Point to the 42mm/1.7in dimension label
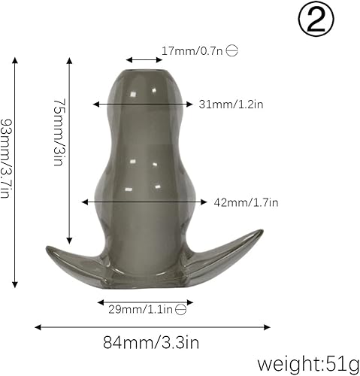click(247, 202)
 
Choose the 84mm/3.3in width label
click(151, 344)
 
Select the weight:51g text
click(309, 364)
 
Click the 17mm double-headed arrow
click(141, 59)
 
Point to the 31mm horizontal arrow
click(143, 105)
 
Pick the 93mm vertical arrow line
click(15, 174)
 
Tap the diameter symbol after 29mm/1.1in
click(181, 308)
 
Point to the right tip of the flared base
click(262, 233)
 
